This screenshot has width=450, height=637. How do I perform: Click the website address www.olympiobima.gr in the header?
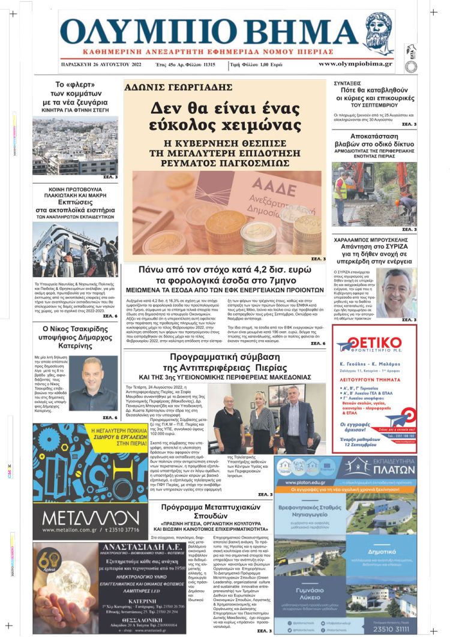click(x=355, y=64)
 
